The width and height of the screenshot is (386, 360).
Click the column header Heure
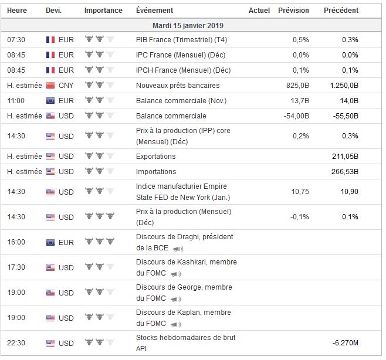coord(17,11)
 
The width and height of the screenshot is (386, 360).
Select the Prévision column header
coord(293,11)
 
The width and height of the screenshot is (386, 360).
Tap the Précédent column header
coord(341,11)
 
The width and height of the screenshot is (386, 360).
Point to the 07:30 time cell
coord(16,40)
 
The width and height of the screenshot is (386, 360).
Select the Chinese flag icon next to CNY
coord(50,86)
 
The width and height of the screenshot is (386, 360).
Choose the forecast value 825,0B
coord(297,86)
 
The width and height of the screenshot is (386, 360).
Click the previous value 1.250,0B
coord(344,86)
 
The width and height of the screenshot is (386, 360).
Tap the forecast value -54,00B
coord(296,116)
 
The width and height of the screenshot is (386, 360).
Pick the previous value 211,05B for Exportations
coord(345,157)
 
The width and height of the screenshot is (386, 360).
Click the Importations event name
coord(156,172)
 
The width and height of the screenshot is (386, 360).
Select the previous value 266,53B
coord(345,172)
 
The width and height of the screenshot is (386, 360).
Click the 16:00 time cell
coord(16,242)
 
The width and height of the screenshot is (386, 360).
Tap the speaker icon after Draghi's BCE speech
coord(178,249)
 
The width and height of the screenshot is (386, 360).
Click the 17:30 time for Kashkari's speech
coord(16,267)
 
